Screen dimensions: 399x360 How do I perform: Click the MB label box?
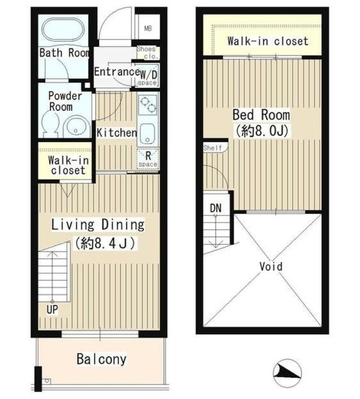click(x=148, y=28)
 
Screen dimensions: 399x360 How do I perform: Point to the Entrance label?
click(x=115, y=72)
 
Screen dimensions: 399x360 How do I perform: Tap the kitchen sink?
click(x=148, y=133)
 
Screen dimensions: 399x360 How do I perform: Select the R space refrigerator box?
click(x=148, y=158)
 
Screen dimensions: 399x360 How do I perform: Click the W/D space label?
click(x=148, y=76)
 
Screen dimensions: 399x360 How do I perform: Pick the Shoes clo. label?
click(x=148, y=53)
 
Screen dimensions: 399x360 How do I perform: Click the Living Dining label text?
click(x=97, y=224)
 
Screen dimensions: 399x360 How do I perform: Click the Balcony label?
click(x=102, y=359)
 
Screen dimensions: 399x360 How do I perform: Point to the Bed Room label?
click(x=262, y=115)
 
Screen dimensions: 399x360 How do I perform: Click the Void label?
click(x=271, y=267)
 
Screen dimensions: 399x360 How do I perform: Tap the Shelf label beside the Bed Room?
click(x=212, y=148)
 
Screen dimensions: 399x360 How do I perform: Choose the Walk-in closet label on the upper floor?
click(x=267, y=42)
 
